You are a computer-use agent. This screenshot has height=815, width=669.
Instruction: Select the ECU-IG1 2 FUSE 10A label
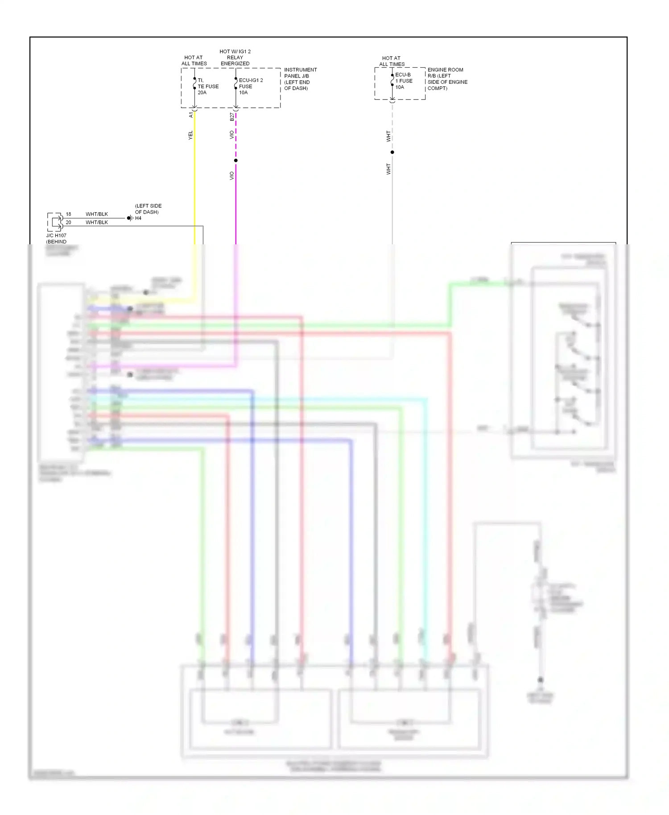[x=250, y=86]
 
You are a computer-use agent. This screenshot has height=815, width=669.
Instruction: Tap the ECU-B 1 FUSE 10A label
[x=404, y=81]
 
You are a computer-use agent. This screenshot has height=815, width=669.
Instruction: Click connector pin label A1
[x=191, y=115]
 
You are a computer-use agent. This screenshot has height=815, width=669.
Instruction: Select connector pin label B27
[x=231, y=117]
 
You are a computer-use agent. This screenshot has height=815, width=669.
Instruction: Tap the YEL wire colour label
[x=190, y=135]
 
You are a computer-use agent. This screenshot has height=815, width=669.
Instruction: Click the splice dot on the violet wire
[x=235, y=161]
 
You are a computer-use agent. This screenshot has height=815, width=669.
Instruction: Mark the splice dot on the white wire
[x=392, y=152]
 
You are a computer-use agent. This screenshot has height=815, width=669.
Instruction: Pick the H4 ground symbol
[x=130, y=218]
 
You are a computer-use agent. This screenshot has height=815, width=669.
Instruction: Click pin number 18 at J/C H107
[x=68, y=214]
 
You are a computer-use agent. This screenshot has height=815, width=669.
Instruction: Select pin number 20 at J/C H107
[x=68, y=222]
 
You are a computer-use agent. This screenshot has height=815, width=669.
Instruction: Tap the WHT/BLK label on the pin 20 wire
[x=97, y=222]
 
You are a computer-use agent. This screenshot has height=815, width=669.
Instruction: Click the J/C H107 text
[x=56, y=235]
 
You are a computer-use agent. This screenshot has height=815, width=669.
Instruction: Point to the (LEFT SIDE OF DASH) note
[x=148, y=209]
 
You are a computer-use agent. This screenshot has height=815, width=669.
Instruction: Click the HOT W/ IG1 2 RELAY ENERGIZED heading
[x=235, y=58]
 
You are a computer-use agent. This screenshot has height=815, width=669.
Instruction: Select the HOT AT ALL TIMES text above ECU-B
[x=391, y=61]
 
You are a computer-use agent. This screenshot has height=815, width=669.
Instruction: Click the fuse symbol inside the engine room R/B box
[x=392, y=81]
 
